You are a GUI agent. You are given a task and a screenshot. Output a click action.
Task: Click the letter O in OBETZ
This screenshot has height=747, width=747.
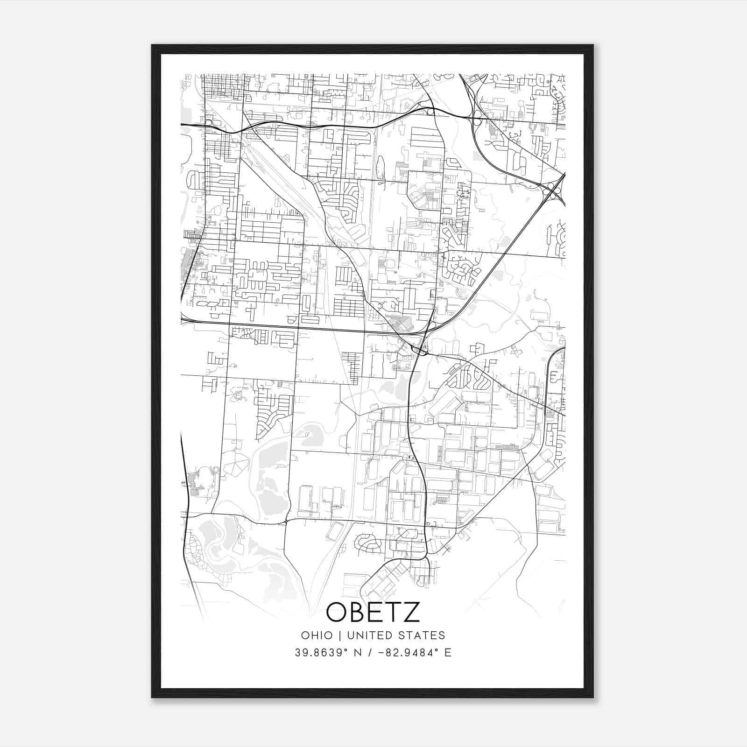[337, 613]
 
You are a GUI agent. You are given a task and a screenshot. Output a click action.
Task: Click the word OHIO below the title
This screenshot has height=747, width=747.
[317, 635]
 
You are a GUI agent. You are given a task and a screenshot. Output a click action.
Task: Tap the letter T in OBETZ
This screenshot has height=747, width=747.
[393, 613]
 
